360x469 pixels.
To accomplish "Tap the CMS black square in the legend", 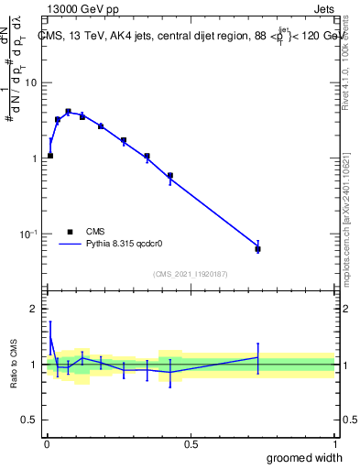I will pos(70,233).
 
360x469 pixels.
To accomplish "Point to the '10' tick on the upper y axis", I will pos(31,82).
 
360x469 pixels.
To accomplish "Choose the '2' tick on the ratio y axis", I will pos(35,309).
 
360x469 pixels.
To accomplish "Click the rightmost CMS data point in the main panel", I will pos(258,248).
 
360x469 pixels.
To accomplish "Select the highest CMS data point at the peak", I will pos(68,112).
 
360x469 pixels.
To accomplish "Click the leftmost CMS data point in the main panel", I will pos(49,156).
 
